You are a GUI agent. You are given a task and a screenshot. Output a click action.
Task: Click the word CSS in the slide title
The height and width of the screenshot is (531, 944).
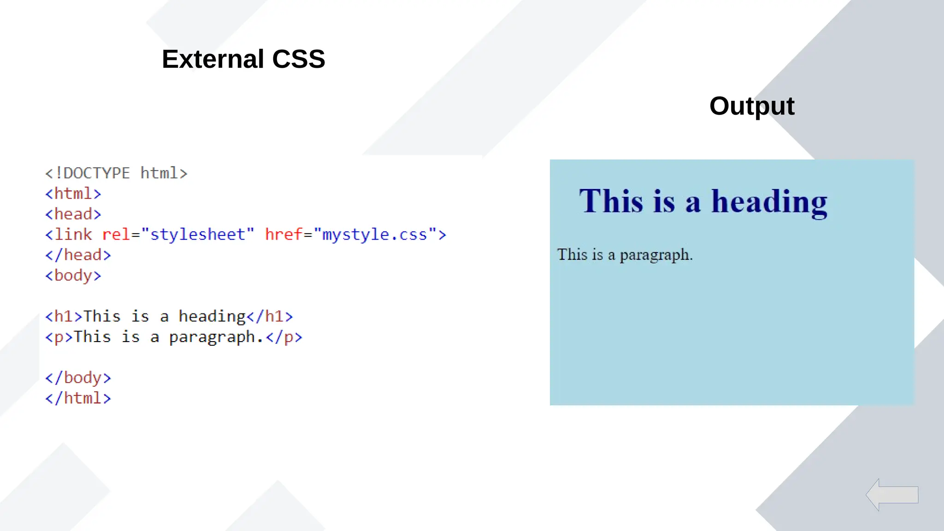(298, 59)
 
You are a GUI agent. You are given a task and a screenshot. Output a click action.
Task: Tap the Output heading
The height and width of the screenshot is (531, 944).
(751, 106)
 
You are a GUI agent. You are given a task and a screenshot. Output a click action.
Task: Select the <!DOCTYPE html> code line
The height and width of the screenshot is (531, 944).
(116, 173)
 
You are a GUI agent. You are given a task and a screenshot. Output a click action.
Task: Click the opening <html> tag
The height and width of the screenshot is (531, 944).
(73, 194)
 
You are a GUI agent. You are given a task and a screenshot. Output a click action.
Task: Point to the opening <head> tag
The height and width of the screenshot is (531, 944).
(73, 214)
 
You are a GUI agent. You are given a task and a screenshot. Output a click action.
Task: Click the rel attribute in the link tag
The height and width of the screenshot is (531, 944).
(116, 235)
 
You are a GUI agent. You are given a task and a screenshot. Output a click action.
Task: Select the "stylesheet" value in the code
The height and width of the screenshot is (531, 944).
(198, 235)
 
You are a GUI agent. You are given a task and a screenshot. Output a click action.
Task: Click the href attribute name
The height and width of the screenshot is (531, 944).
(283, 235)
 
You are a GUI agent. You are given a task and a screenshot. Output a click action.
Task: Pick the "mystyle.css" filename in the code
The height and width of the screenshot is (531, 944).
(375, 235)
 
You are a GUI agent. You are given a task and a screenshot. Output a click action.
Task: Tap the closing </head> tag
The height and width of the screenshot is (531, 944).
(78, 255)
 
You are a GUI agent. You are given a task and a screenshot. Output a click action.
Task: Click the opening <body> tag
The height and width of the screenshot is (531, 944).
(73, 276)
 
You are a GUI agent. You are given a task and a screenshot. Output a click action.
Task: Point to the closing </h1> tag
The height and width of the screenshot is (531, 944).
(270, 316)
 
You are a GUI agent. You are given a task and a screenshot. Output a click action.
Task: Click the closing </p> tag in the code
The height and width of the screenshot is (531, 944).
(284, 337)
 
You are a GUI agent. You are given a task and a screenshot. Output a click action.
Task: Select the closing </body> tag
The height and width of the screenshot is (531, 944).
(78, 378)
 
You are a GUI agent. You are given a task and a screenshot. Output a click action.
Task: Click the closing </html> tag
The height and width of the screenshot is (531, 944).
(78, 398)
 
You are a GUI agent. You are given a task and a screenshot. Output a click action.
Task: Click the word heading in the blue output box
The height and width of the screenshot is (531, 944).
(769, 201)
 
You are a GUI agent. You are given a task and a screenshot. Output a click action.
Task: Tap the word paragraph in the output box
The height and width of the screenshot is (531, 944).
(656, 255)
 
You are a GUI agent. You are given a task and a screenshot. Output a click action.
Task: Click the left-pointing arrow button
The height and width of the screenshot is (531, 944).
(891, 495)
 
